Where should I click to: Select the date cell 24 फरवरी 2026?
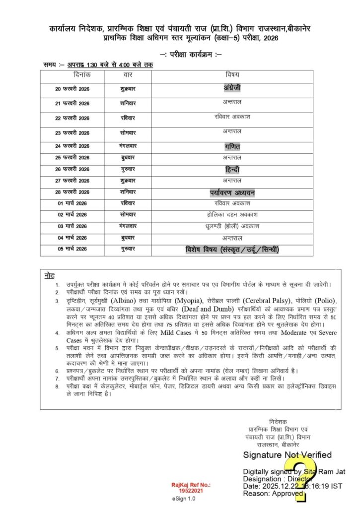[72, 146]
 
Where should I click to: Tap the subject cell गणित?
[232, 147]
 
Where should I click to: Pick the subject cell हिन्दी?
[232, 170]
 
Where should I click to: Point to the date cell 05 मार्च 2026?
[72, 249]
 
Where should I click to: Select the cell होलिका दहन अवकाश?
[232, 214]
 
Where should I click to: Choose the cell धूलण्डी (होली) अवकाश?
[232, 226]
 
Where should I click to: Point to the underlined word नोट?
[49, 275]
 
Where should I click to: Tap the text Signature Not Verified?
[287, 455]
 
